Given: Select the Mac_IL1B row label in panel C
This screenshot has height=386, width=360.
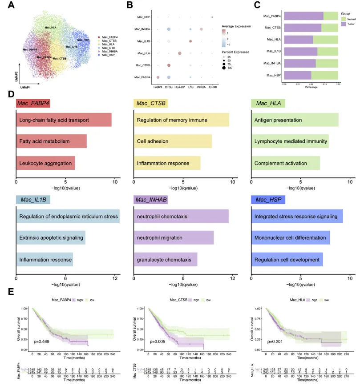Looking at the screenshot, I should [272, 51].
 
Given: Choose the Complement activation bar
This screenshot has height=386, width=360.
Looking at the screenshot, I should [285, 163].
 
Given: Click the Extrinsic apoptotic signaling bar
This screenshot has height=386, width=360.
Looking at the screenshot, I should [51, 237].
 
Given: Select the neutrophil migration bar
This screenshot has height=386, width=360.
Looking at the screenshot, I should [174, 237].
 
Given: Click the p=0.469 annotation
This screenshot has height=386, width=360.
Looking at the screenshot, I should [41, 342].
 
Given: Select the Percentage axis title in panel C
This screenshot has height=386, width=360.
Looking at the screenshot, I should [311, 87].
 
